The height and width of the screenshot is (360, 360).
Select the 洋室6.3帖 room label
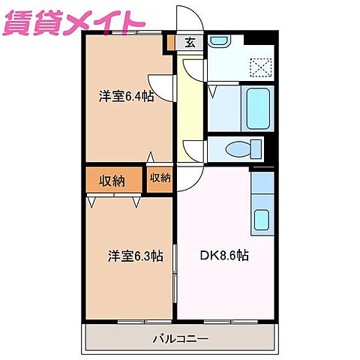tap(135, 255)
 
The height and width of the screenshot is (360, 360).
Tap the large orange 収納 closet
tap(113, 180)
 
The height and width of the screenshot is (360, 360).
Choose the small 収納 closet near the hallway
tap(160, 178)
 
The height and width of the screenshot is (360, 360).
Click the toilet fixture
tap(240, 147)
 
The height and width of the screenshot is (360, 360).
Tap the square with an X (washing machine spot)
tap(262, 67)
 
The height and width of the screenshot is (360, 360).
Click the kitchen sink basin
tap(262, 220)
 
